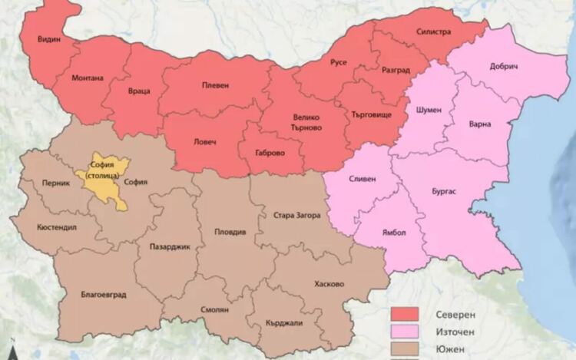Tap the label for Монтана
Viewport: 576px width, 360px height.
[x=88, y=78]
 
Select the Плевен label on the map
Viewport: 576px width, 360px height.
[x=215, y=85]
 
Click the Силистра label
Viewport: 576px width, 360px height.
[x=434, y=33]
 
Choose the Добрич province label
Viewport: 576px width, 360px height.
[x=503, y=66]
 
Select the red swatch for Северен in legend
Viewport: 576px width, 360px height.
[x=405, y=315]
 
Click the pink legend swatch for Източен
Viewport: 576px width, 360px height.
[x=405, y=332]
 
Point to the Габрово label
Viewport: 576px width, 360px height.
[x=270, y=152]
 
